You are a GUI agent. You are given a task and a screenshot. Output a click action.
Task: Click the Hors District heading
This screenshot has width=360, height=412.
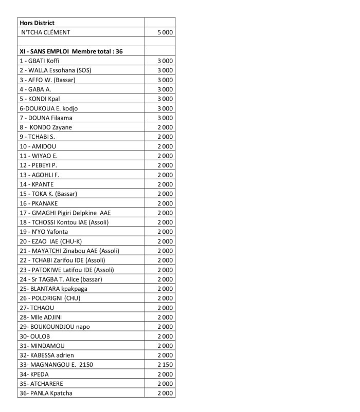(37, 23)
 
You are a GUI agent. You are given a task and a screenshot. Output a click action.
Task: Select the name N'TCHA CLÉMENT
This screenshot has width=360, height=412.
(46, 32)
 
